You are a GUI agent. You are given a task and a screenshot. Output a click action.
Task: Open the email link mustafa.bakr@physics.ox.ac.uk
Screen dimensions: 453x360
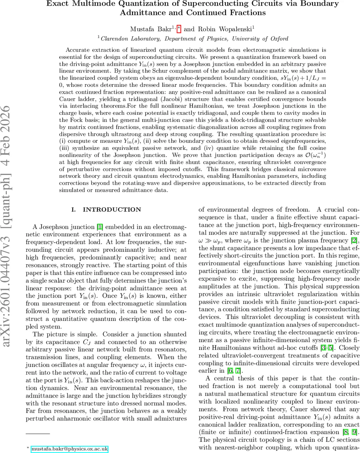(69, 449)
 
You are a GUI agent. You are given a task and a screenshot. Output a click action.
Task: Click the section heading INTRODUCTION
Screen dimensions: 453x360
(112, 210)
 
